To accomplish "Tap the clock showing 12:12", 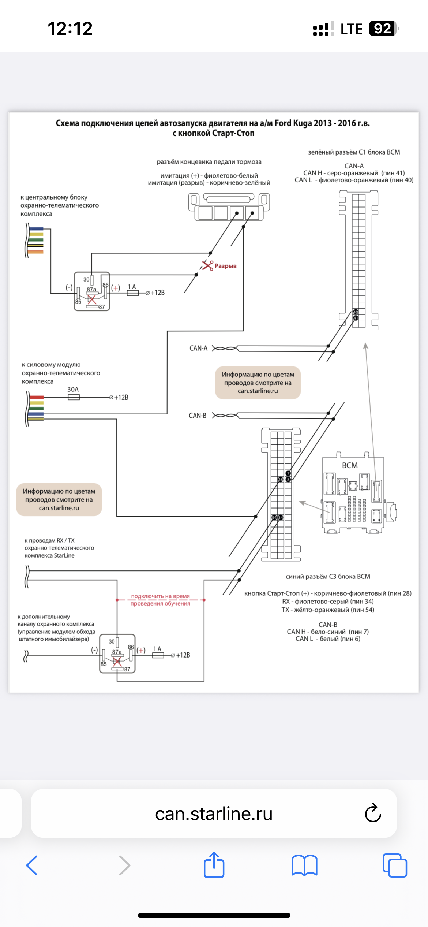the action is pos(70,29).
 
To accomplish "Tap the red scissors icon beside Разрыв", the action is pos(207,265).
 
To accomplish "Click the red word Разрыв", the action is pos(225,266).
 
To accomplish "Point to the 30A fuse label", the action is pos(73,389).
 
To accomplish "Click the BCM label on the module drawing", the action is pos(350,465).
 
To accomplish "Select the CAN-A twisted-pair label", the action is pos(198,348).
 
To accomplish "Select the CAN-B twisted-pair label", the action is pos(198,416).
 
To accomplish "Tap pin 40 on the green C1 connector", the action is pos(356,312).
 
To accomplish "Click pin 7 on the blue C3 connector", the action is pos(288,473).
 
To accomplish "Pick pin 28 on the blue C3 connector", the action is pos(281,480).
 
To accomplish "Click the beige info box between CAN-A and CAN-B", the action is pos(258,383).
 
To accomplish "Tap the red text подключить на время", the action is pos(160,596).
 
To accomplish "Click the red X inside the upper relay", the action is pos(92,299).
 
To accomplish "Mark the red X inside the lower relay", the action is pos(117,662).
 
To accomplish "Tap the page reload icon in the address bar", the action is pos(373,813).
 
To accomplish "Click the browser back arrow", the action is pos(32,865).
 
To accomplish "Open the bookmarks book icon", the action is pos(304,865).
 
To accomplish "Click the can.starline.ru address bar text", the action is pos(214,814).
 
